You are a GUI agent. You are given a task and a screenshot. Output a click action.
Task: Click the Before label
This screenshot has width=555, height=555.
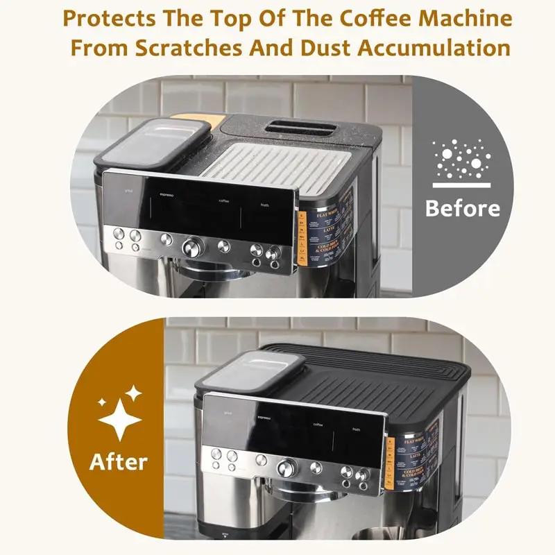pyautogui.click(x=462, y=208)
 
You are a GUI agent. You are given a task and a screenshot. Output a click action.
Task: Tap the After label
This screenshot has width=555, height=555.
pyautogui.click(x=119, y=461)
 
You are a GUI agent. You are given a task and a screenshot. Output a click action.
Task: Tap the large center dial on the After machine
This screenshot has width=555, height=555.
pyautogui.click(x=285, y=468)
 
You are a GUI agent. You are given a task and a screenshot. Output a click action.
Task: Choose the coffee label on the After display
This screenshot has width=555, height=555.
pyautogui.click(x=318, y=424)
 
